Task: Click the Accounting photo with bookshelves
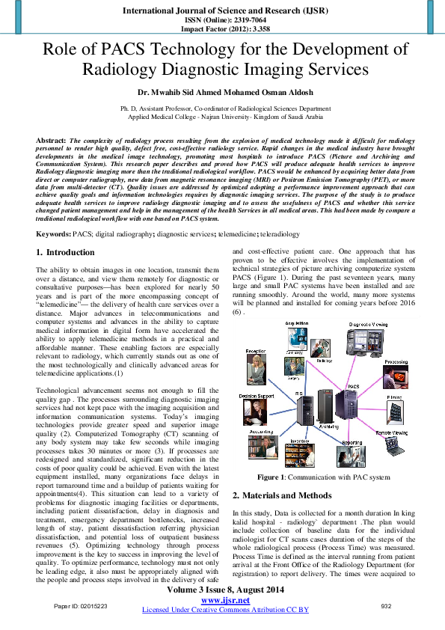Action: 257,450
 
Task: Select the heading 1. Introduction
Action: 66,253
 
